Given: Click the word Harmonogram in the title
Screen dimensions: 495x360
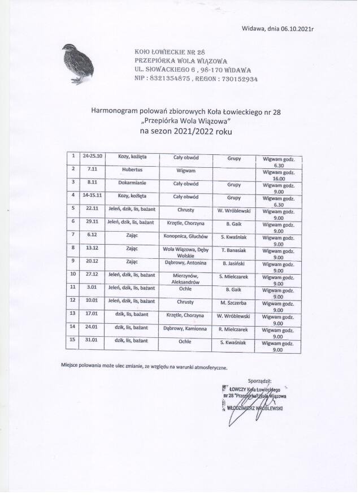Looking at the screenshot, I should (116, 112).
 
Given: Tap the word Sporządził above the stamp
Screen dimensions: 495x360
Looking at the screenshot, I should (260, 381).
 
